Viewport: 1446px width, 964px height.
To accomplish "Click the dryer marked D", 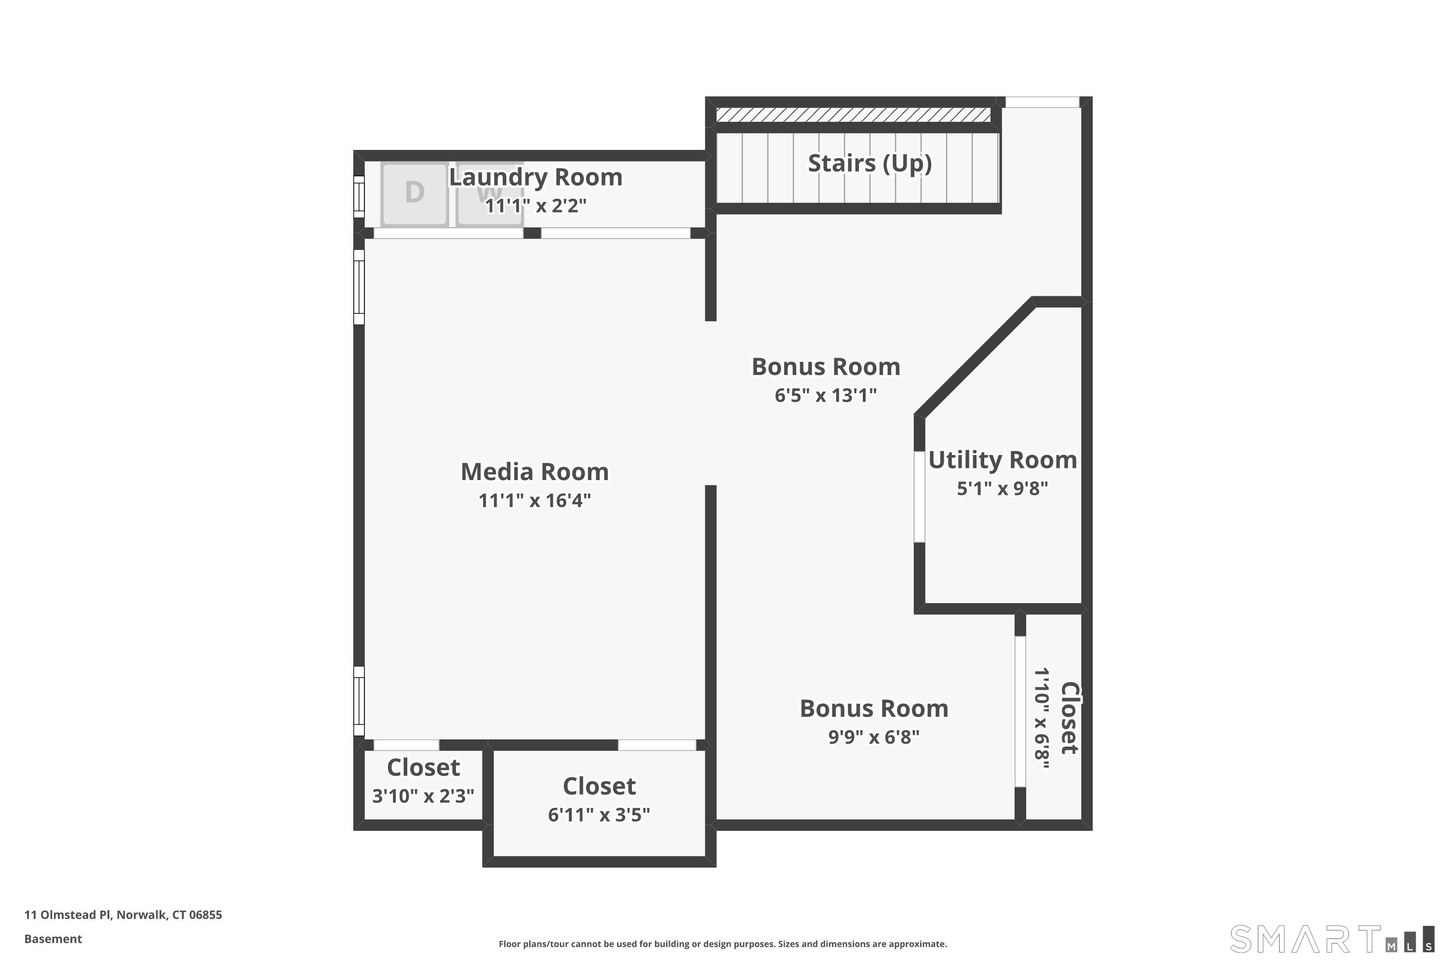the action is [x=415, y=194].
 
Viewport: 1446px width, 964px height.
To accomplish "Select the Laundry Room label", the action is [x=536, y=177].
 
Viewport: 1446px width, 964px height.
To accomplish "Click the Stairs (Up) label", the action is [x=870, y=163].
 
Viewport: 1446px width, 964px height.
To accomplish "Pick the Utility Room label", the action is [x=1002, y=460].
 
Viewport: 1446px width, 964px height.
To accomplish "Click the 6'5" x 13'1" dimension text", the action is [x=826, y=395].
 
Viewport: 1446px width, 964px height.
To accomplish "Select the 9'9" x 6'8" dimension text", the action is [x=873, y=736].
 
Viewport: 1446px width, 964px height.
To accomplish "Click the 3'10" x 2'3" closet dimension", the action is [x=423, y=796].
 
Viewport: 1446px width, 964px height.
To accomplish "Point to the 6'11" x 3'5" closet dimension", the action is [x=599, y=815].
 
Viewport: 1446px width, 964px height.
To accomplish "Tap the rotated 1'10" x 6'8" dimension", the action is [x=1042, y=718].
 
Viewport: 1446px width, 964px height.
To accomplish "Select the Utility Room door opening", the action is [x=919, y=497].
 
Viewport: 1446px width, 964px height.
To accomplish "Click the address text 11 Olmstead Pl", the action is [x=67, y=914].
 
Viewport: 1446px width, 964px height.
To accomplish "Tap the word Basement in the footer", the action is [x=53, y=939].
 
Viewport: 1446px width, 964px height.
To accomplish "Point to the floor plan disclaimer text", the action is [x=723, y=944].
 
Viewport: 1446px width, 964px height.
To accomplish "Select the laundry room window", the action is [x=359, y=197].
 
